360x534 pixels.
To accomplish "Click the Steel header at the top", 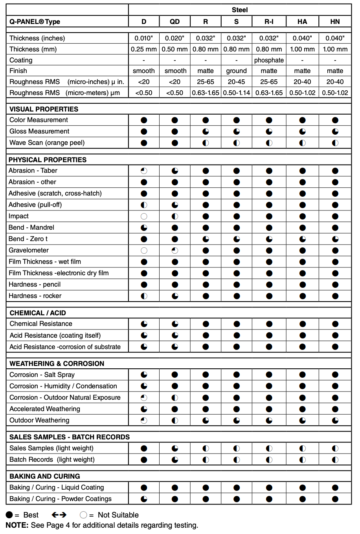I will (239, 10).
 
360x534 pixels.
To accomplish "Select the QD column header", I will (174, 22).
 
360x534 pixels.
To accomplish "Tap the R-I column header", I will (269, 22).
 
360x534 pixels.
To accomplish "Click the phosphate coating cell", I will (269, 60).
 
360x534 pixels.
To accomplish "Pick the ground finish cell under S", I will (236, 71).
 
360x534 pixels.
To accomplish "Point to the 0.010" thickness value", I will (143, 38).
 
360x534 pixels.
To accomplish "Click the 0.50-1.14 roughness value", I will (236, 93).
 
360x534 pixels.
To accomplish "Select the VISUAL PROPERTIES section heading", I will (44, 109).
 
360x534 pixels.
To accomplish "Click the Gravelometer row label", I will (29, 250).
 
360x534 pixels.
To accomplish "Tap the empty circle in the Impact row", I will (144, 216).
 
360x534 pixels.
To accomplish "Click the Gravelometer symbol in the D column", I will (144, 251).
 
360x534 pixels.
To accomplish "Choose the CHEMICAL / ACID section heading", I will (38, 313).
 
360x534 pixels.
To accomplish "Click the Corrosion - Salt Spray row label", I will (42, 375).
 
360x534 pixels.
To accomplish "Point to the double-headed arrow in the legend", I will (59, 515).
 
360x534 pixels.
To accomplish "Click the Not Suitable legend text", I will (118, 515).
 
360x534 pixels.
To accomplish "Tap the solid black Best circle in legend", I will (9, 515).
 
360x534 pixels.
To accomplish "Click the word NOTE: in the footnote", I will (17, 525).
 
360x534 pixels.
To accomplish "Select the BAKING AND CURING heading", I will (45, 476).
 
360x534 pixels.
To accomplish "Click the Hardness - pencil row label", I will (35, 284).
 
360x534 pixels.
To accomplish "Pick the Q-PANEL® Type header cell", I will (35, 22).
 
